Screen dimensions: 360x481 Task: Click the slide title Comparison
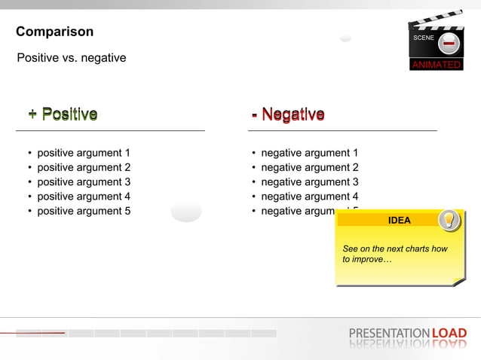click(x=55, y=32)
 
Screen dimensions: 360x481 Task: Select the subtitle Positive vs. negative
click(x=72, y=58)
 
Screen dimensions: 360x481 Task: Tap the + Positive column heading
click(x=63, y=114)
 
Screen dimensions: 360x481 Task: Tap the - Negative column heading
click(x=288, y=114)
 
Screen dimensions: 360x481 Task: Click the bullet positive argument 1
click(x=84, y=153)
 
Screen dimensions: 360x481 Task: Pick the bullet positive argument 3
click(x=84, y=182)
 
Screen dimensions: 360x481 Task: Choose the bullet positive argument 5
click(x=84, y=211)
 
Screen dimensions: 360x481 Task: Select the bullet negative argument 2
click(x=309, y=167)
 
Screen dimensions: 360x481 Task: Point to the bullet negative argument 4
click(x=309, y=197)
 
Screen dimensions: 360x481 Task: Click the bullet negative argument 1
click(x=309, y=153)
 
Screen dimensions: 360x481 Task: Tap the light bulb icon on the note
click(x=449, y=219)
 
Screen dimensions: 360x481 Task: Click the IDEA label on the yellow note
click(x=399, y=221)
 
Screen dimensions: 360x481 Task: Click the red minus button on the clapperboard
click(x=448, y=44)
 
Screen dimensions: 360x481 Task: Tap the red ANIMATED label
click(x=436, y=65)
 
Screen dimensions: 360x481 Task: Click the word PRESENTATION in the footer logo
click(x=389, y=333)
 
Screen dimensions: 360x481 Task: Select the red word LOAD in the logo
click(x=449, y=333)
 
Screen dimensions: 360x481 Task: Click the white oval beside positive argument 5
click(x=186, y=211)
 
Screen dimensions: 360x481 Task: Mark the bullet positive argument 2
click(x=84, y=167)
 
